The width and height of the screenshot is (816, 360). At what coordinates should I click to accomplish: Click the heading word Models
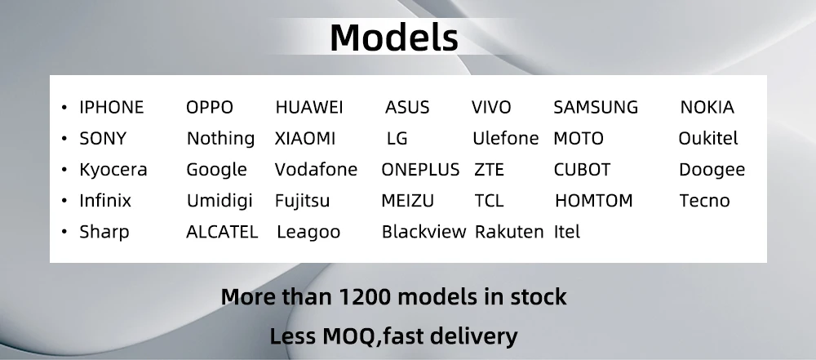click(394, 38)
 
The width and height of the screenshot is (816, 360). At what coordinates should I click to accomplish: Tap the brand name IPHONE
click(111, 107)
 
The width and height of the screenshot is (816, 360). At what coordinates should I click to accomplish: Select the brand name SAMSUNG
click(596, 107)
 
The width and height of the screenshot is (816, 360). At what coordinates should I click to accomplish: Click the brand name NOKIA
click(707, 107)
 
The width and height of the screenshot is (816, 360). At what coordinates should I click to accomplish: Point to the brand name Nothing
click(220, 139)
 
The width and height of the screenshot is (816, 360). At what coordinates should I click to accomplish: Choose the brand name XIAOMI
click(305, 139)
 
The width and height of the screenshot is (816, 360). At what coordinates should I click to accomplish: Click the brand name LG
click(397, 139)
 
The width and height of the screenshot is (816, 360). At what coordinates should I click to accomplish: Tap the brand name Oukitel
click(707, 138)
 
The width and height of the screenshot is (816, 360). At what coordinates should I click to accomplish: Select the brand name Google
click(216, 170)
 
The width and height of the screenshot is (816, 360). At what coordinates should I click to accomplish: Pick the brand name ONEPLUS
click(420, 170)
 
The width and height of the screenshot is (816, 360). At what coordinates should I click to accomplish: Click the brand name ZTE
click(489, 170)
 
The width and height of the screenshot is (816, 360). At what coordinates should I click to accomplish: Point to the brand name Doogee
click(712, 170)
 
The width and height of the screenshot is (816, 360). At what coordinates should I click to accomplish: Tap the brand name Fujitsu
click(303, 201)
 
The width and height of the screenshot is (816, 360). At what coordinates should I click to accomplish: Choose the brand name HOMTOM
click(594, 201)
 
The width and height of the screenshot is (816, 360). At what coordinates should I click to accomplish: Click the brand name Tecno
click(705, 201)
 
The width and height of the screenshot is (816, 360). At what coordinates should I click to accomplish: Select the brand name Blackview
click(424, 232)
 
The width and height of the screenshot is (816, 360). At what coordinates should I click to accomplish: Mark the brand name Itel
click(567, 232)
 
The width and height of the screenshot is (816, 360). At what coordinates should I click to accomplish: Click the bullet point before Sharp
click(64, 231)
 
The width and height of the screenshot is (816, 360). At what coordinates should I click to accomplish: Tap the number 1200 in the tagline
click(364, 297)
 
